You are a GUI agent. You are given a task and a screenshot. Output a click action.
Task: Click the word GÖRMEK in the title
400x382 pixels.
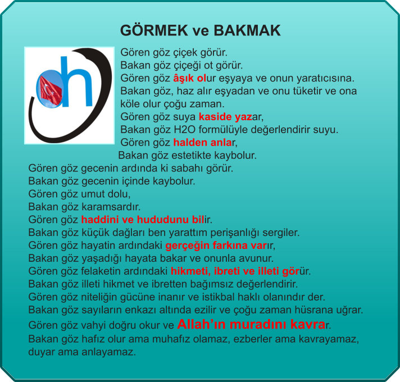point(154,30)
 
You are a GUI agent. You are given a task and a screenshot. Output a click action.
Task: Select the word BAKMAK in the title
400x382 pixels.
point(247,30)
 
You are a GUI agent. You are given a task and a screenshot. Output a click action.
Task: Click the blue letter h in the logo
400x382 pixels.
point(76,81)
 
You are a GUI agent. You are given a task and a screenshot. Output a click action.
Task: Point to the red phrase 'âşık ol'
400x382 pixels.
point(189,78)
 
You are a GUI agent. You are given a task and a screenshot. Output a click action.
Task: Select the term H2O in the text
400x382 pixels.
point(184,130)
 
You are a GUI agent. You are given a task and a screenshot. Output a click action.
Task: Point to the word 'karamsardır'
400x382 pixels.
point(111,207)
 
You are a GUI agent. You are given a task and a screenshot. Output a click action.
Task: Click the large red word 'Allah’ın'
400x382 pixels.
point(202,324)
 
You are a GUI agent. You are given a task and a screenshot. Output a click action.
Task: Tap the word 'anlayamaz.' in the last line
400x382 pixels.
point(109,352)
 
